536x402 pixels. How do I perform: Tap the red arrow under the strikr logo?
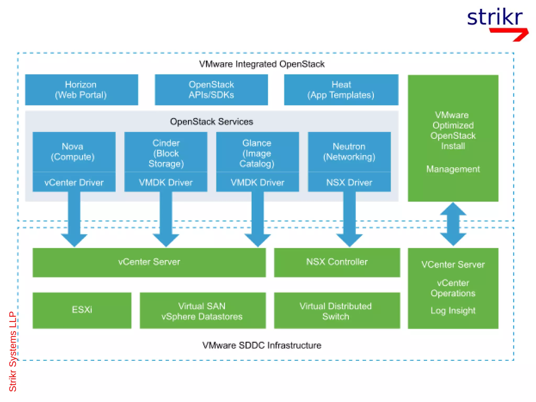point(510,33)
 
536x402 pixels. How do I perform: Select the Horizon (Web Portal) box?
point(81,90)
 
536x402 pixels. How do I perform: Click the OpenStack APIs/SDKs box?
point(211,90)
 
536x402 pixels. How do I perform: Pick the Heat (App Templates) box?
point(341,90)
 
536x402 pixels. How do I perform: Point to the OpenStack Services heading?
point(211,122)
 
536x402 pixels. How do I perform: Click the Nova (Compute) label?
point(73,152)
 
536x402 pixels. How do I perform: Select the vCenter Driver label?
point(74,182)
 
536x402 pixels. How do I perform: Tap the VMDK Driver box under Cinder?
point(166,182)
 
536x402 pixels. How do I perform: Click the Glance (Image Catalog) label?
point(257,153)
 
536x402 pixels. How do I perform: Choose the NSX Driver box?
point(349,182)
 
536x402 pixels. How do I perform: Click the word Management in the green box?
point(453,169)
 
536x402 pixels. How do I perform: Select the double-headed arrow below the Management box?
point(453,224)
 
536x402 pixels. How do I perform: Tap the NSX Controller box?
point(337,262)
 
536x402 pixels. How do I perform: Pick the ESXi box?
point(82,310)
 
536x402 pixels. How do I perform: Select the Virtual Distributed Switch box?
point(337,311)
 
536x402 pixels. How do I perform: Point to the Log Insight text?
point(453,311)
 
